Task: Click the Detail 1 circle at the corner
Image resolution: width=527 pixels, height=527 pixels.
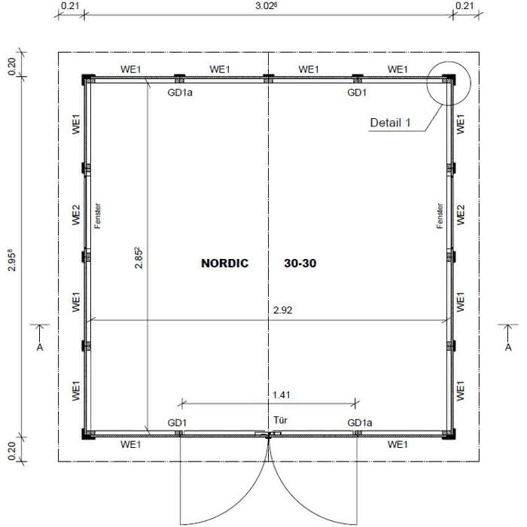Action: point(448,82)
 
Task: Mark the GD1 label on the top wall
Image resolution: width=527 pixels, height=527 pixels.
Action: point(357,93)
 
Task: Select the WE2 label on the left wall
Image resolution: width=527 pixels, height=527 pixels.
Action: point(76,215)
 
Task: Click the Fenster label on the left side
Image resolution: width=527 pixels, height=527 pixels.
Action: point(98,215)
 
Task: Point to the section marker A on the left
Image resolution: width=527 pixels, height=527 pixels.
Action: point(40,347)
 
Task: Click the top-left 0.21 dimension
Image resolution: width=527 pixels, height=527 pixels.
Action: point(70,6)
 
